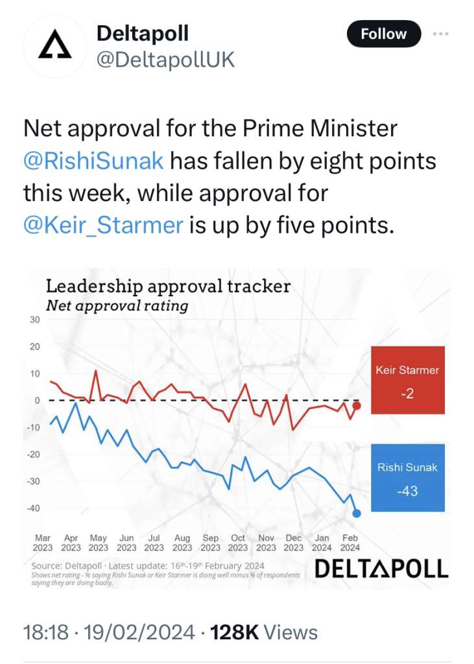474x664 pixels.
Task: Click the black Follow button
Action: pyautogui.click(x=383, y=34)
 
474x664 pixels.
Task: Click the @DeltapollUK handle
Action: pyautogui.click(x=165, y=60)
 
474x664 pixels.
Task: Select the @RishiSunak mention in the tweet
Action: pyautogui.click(x=93, y=160)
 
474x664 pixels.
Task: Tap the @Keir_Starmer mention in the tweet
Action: pyautogui.click(x=103, y=225)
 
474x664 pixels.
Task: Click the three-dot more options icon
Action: pyautogui.click(x=440, y=34)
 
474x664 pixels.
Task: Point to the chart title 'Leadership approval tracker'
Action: pyautogui.click(x=168, y=286)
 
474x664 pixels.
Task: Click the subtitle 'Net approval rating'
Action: pyautogui.click(x=117, y=305)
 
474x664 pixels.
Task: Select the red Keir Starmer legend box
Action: pyautogui.click(x=407, y=380)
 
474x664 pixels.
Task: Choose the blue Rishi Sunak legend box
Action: pyautogui.click(x=407, y=478)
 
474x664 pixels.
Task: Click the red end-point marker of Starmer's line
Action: pyautogui.click(x=357, y=406)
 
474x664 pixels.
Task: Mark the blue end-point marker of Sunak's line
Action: pyautogui.click(x=357, y=514)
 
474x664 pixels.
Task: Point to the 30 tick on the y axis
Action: pyautogui.click(x=34, y=320)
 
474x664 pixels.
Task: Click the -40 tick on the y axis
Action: pyautogui.click(x=32, y=508)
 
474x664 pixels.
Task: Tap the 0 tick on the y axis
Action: pyautogui.click(x=37, y=400)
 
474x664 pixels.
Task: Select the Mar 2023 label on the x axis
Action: pyautogui.click(x=43, y=543)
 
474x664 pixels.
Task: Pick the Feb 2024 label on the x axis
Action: pyautogui.click(x=350, y=543)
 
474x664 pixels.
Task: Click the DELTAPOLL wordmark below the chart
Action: pyautogui.click(x=381, y=569)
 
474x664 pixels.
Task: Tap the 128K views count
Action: pyautogui.click(x=236, y=632)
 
